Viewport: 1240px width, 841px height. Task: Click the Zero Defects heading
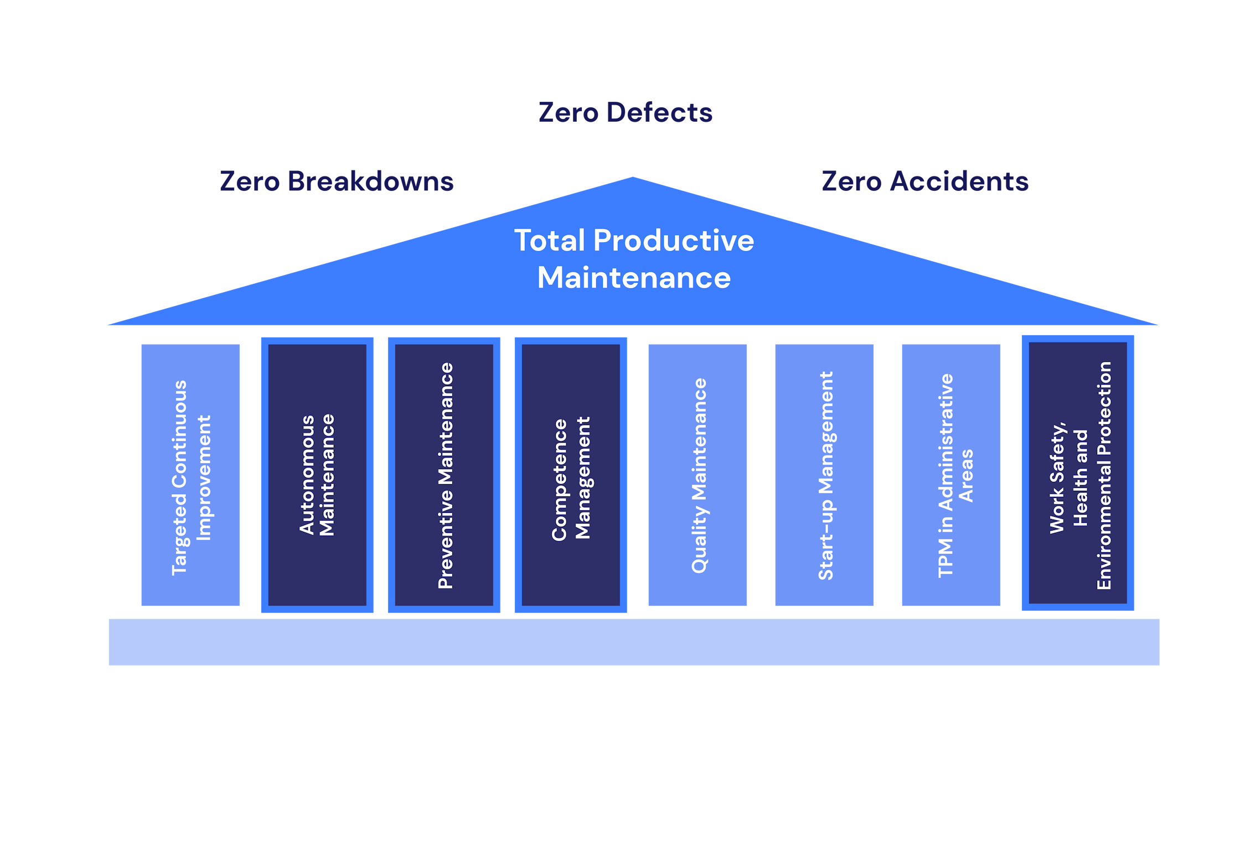point(625,113)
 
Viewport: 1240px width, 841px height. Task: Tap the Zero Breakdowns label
point(337,181)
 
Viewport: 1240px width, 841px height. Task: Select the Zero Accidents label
point(925,181)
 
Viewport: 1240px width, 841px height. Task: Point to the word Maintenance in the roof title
point(634,278)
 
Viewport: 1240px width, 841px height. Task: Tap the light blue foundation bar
point(634,642)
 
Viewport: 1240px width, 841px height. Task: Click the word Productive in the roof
point(673,241)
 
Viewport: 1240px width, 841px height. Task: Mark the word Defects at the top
point(659,113)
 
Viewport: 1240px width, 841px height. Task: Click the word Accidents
point(959,181)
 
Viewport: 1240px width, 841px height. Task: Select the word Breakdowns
point(370,181)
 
